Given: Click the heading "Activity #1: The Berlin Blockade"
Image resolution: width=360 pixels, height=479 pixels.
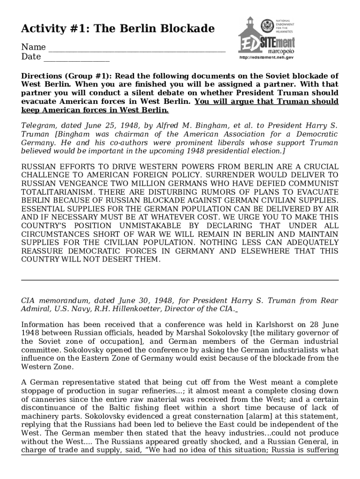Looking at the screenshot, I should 118,29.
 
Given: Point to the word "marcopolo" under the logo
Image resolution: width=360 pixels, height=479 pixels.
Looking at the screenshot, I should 281,51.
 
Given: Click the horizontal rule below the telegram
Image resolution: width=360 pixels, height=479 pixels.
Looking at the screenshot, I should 180,280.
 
